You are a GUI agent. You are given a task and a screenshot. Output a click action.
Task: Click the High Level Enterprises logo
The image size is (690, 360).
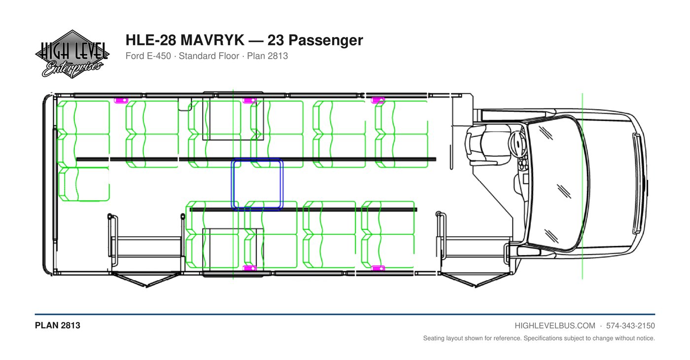coord(72,54)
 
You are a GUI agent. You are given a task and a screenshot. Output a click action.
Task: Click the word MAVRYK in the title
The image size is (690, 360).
coord(212,40)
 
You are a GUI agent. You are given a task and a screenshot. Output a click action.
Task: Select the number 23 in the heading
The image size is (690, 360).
coord(276,40)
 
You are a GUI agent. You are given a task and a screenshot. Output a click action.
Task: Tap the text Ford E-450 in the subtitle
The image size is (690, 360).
coord(148,56)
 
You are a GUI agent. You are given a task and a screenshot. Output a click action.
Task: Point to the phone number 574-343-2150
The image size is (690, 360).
coord(630,326)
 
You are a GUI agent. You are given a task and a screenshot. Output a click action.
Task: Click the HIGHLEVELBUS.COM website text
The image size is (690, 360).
coord(555,326)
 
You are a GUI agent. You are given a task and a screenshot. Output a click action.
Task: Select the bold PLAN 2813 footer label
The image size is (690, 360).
coord(58,325)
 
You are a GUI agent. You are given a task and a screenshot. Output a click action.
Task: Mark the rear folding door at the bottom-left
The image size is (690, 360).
coord(146,279)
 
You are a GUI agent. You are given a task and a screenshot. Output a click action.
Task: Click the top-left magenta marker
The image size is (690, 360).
coord(121,101)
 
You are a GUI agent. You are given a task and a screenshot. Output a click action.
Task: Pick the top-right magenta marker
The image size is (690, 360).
coord(378,100)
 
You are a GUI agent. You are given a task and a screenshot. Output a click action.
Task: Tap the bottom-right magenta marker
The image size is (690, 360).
coord(378,268)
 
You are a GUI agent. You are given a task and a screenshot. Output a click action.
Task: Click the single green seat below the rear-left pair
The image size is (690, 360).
coord(84,184)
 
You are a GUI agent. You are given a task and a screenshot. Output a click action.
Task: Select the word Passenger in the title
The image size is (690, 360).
coord(326,40)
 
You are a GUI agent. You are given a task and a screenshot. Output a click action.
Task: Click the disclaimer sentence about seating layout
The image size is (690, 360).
coord(539,338)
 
